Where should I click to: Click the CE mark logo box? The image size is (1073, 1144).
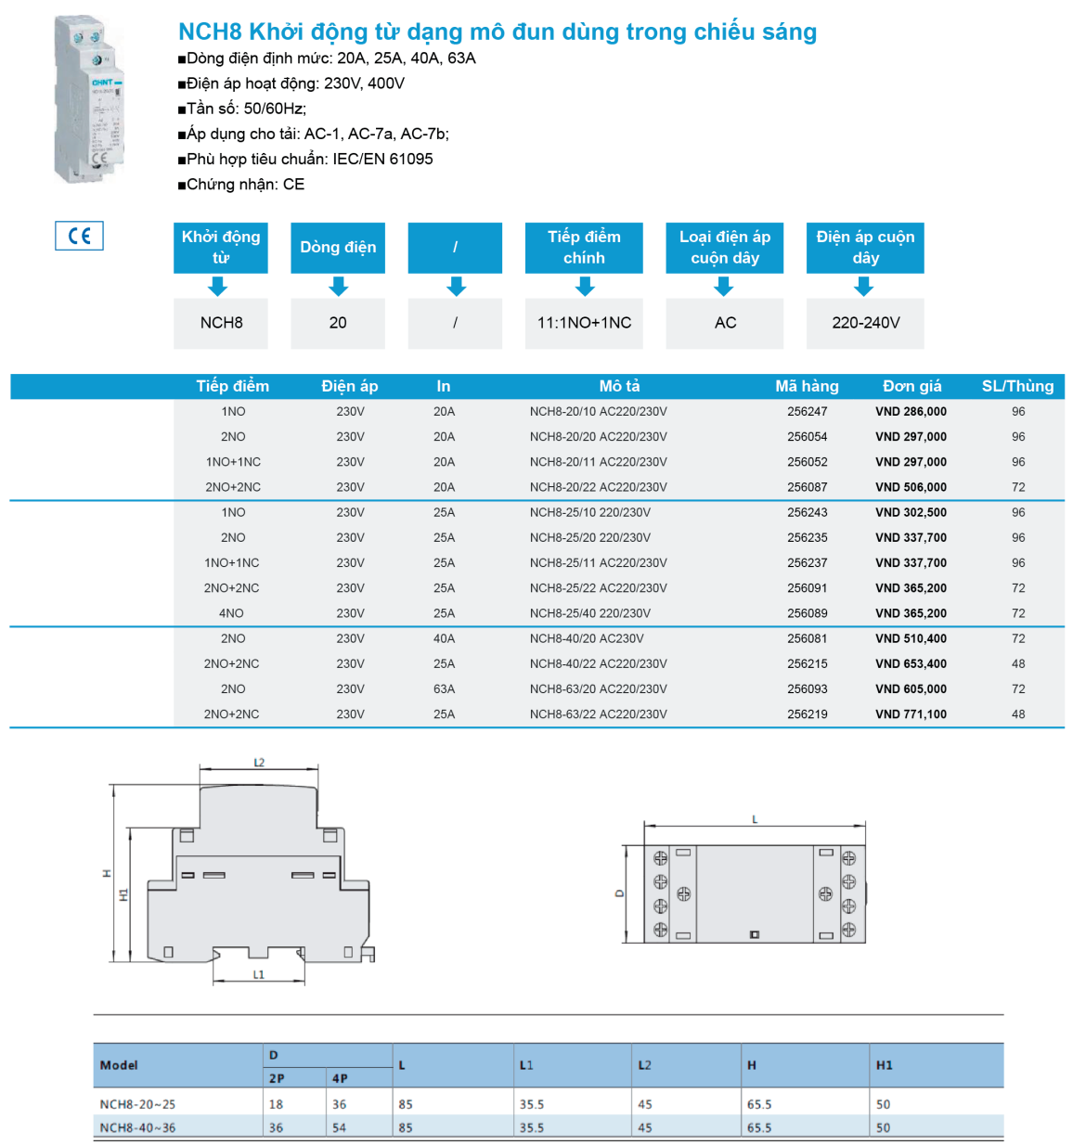click(x=79, y=236)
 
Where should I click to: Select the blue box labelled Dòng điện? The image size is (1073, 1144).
click(x=338, y=248)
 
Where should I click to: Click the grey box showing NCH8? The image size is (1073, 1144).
click(x=221, y=323)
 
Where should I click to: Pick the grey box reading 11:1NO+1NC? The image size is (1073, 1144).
click(x=584, y=323)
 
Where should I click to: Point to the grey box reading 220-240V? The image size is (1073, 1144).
click(x=865, y=323)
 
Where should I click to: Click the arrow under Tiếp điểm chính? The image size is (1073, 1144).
click(x=585, y=287)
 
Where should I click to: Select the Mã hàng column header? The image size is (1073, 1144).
click(x=807, y=386)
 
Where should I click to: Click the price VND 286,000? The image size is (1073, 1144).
click(x=911, y=412)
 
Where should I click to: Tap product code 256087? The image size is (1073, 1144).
click(x=807, y=487)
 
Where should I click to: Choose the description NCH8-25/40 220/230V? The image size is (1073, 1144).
click(x=589, y=613)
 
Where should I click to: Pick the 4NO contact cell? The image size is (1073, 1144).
click(x=232, y=613)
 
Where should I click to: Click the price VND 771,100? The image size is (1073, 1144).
click(x=911, y=714)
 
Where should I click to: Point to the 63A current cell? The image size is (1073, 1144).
click(x=444, y=689)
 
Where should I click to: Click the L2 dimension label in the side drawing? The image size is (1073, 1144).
click(x=259, y=763)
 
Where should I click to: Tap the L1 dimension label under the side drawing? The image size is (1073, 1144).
click(x=259, y=974)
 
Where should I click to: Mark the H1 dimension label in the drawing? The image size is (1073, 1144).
click(x=123, y=895)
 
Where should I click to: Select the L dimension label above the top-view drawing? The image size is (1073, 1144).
click(x=755, y=819)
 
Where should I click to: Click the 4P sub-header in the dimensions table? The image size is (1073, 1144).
click(x=340, y=1078)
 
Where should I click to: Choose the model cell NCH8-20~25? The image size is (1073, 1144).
click(x=137, y=1104)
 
